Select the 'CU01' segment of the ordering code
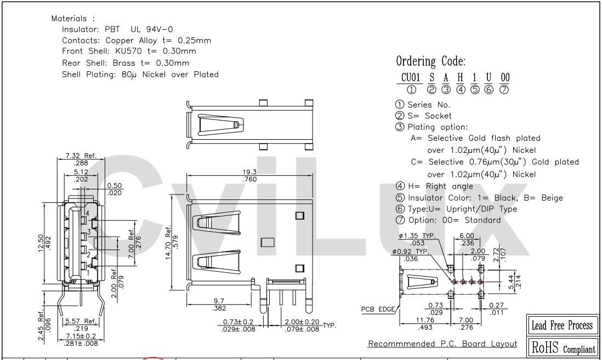pos(408,78)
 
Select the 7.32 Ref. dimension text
pos(81,156)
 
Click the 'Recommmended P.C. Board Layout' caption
pos(442,344)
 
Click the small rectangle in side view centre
pos(267,242)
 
